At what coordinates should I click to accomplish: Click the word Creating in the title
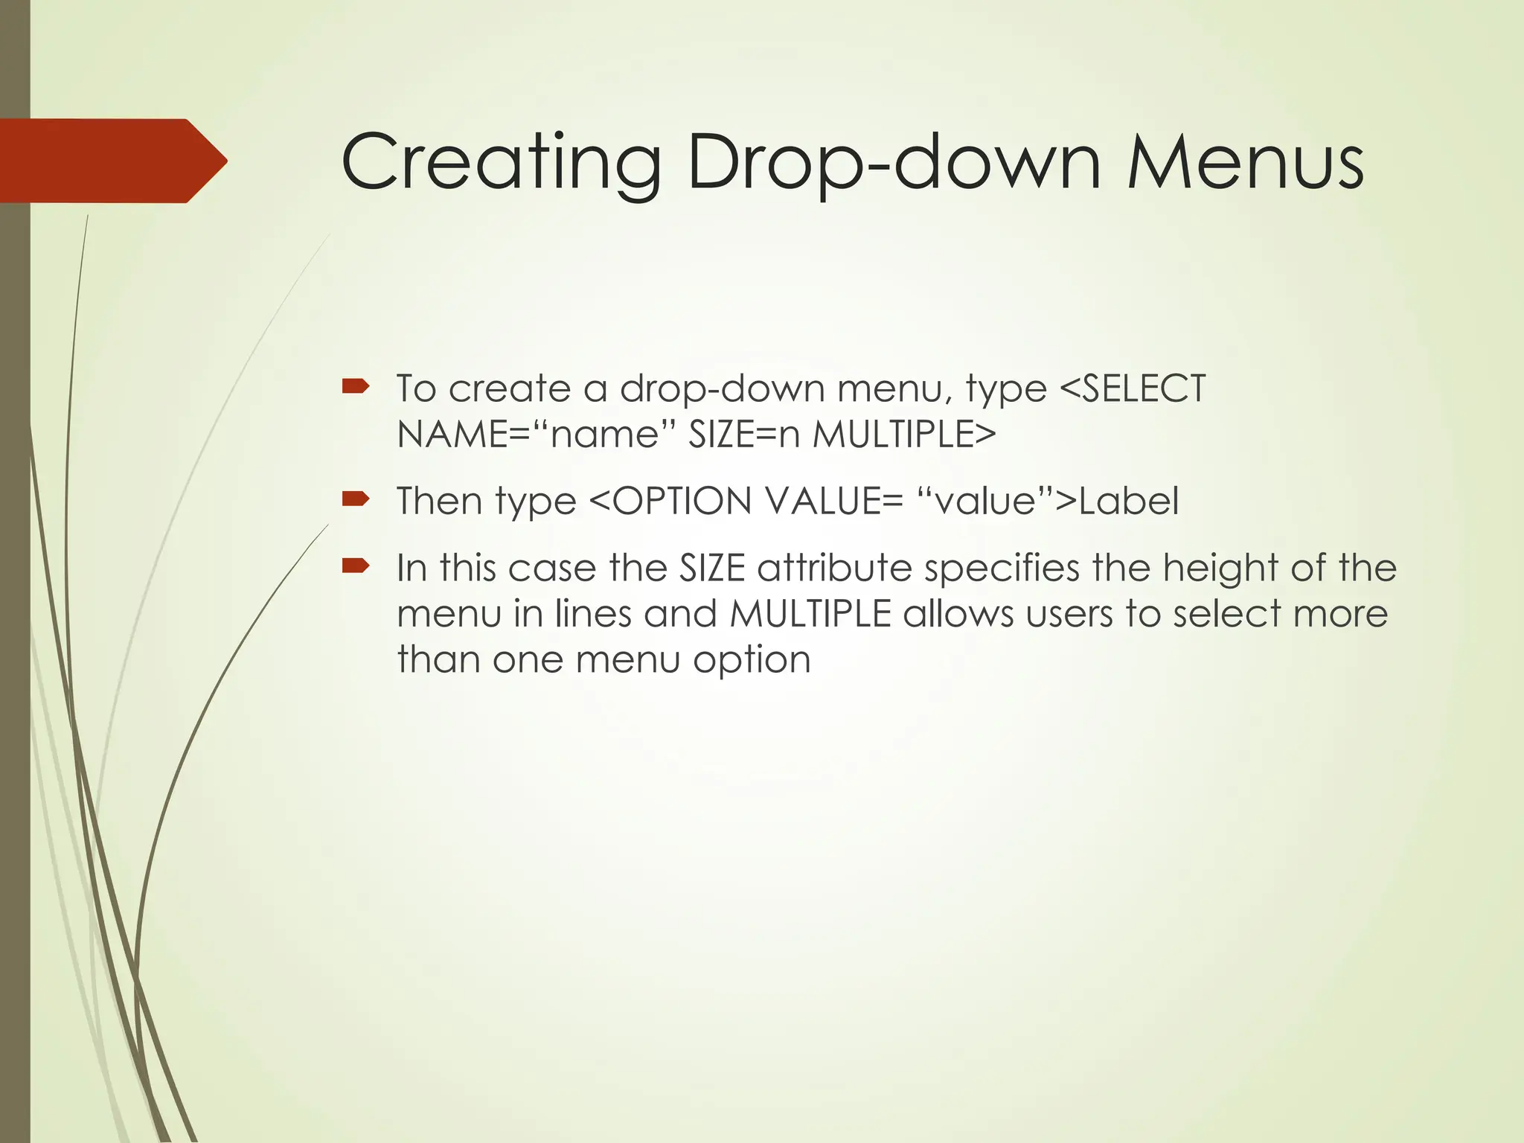tap(501, 163)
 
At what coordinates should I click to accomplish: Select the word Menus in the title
tap(1245, 163)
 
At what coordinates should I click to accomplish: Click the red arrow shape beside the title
tap(112, 161)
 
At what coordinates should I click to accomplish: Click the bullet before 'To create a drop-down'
tap(355, 386)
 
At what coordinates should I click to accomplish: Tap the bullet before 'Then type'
tap(355, 499)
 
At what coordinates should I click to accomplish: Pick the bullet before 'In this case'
tap(355, 566)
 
